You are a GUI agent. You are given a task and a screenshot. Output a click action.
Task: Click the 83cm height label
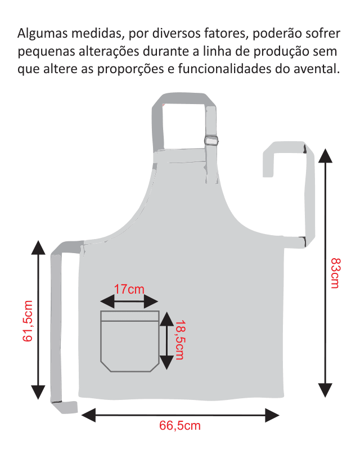[x=335, y=272]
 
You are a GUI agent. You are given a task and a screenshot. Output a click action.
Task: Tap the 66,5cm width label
[x=179, y=426]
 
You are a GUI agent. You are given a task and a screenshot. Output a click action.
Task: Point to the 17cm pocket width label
[x=129, y=290]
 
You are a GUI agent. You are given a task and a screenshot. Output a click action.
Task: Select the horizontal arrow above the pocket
[x=129, y=303]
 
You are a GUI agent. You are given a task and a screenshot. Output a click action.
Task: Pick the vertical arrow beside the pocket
[x=166, y=341]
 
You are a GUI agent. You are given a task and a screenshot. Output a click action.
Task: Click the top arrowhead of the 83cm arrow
[x=325, y=155]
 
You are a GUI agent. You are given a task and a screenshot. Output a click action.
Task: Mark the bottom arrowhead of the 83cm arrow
[x=325, y=390]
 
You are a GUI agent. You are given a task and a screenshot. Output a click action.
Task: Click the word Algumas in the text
[x=41, y=32]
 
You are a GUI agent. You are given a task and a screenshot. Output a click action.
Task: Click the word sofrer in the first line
[x=325, y=32]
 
